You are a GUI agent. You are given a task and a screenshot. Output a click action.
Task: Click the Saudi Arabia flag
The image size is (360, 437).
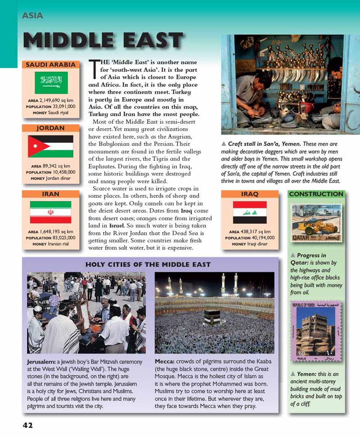51,83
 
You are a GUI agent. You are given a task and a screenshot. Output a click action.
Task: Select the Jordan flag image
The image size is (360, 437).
50,146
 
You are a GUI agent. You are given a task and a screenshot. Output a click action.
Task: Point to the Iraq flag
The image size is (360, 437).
250,212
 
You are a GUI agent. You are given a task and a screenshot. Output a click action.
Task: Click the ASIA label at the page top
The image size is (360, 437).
32,16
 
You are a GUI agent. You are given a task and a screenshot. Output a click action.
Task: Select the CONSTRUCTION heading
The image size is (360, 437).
316,194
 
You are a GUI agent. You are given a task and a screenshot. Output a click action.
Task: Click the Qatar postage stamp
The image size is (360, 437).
316,224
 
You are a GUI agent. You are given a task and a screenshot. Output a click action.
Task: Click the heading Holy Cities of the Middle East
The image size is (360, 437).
148,264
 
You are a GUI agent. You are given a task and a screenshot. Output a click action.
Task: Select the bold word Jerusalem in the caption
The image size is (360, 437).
41,361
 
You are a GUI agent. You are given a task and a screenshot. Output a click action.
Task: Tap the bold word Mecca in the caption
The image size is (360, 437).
165,361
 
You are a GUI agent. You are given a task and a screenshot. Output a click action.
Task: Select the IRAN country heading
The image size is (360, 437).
50,194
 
